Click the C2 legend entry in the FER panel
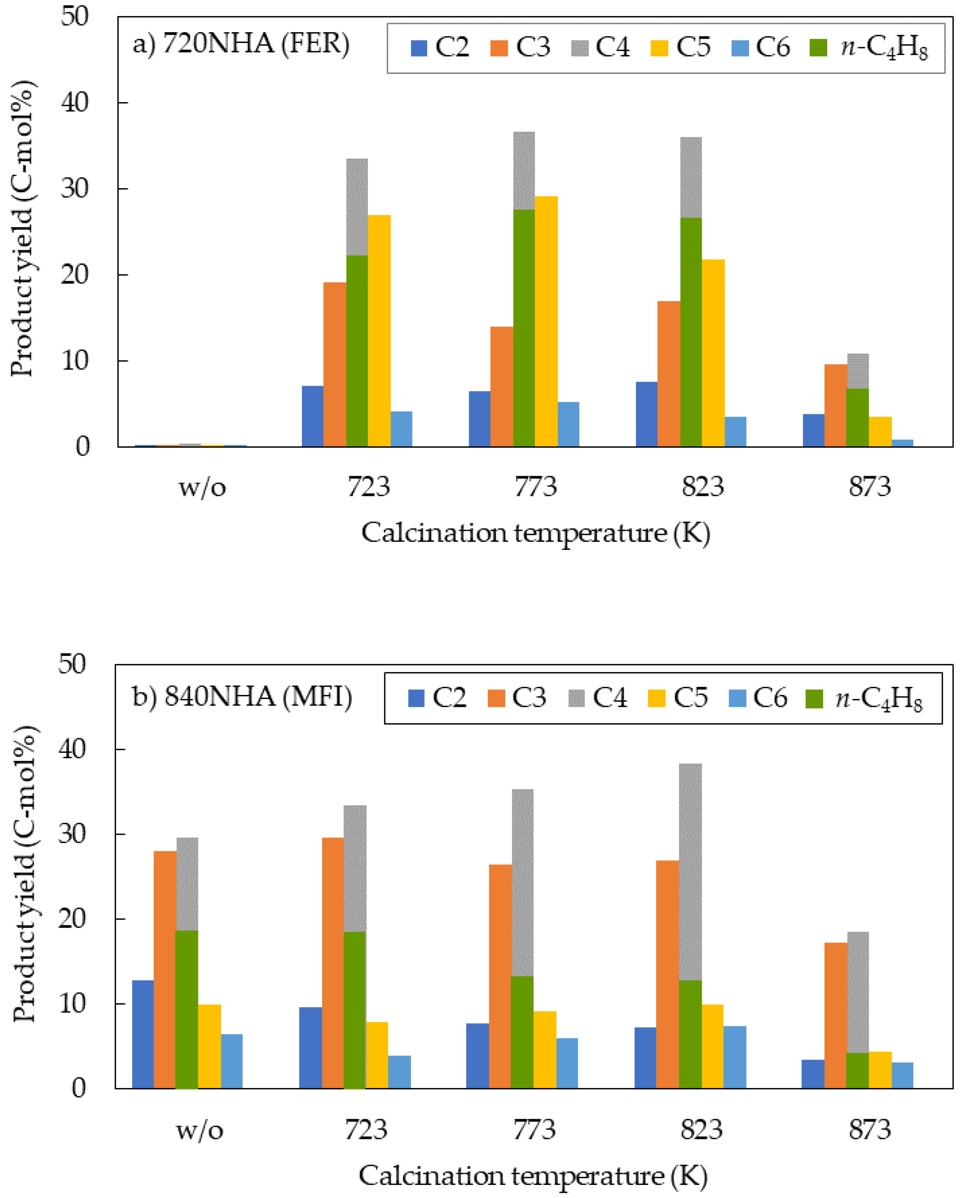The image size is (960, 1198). pyautogui.click(x=439, y=47)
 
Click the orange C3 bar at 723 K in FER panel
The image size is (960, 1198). pyautogui.click(x=334, y=364)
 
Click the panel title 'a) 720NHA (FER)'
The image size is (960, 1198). pyautogui.click(x=241, y=44)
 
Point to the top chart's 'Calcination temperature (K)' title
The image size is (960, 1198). pyautogui.click(x=535, y=533)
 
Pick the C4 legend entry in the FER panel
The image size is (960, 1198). pyautogui.click(x=600, y=47)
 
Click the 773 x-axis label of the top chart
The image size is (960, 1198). pyautogui.click(x=535, y=487)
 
